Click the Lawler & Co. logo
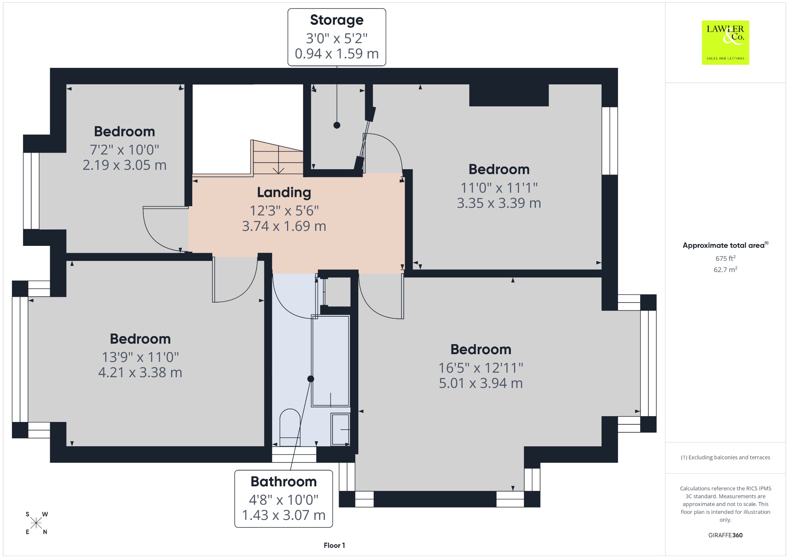[725, 42]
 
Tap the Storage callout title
[337, 20]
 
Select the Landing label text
[284, 192]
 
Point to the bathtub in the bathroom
[331, 361]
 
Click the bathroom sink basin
[341, 429]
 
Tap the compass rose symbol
[36, 523]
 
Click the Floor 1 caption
[334, 545]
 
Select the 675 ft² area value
[725, 258]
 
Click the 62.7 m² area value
[725, 269]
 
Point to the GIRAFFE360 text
[725, 535]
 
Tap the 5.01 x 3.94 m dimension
[481, 383]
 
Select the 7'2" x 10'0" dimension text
[124, 150]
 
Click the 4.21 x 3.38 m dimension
[140, 372]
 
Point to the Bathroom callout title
[284, 481]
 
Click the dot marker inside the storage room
[337, 125]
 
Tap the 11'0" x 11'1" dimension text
[499, 188]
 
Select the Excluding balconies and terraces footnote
[725, 457]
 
